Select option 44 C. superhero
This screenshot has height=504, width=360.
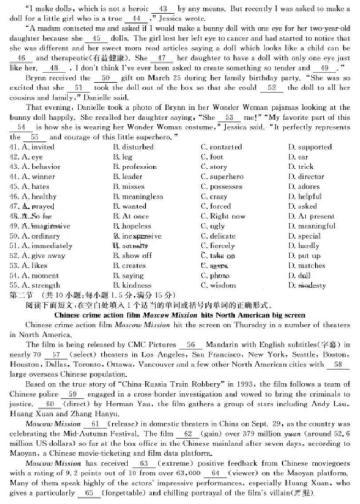pos(221,177)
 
